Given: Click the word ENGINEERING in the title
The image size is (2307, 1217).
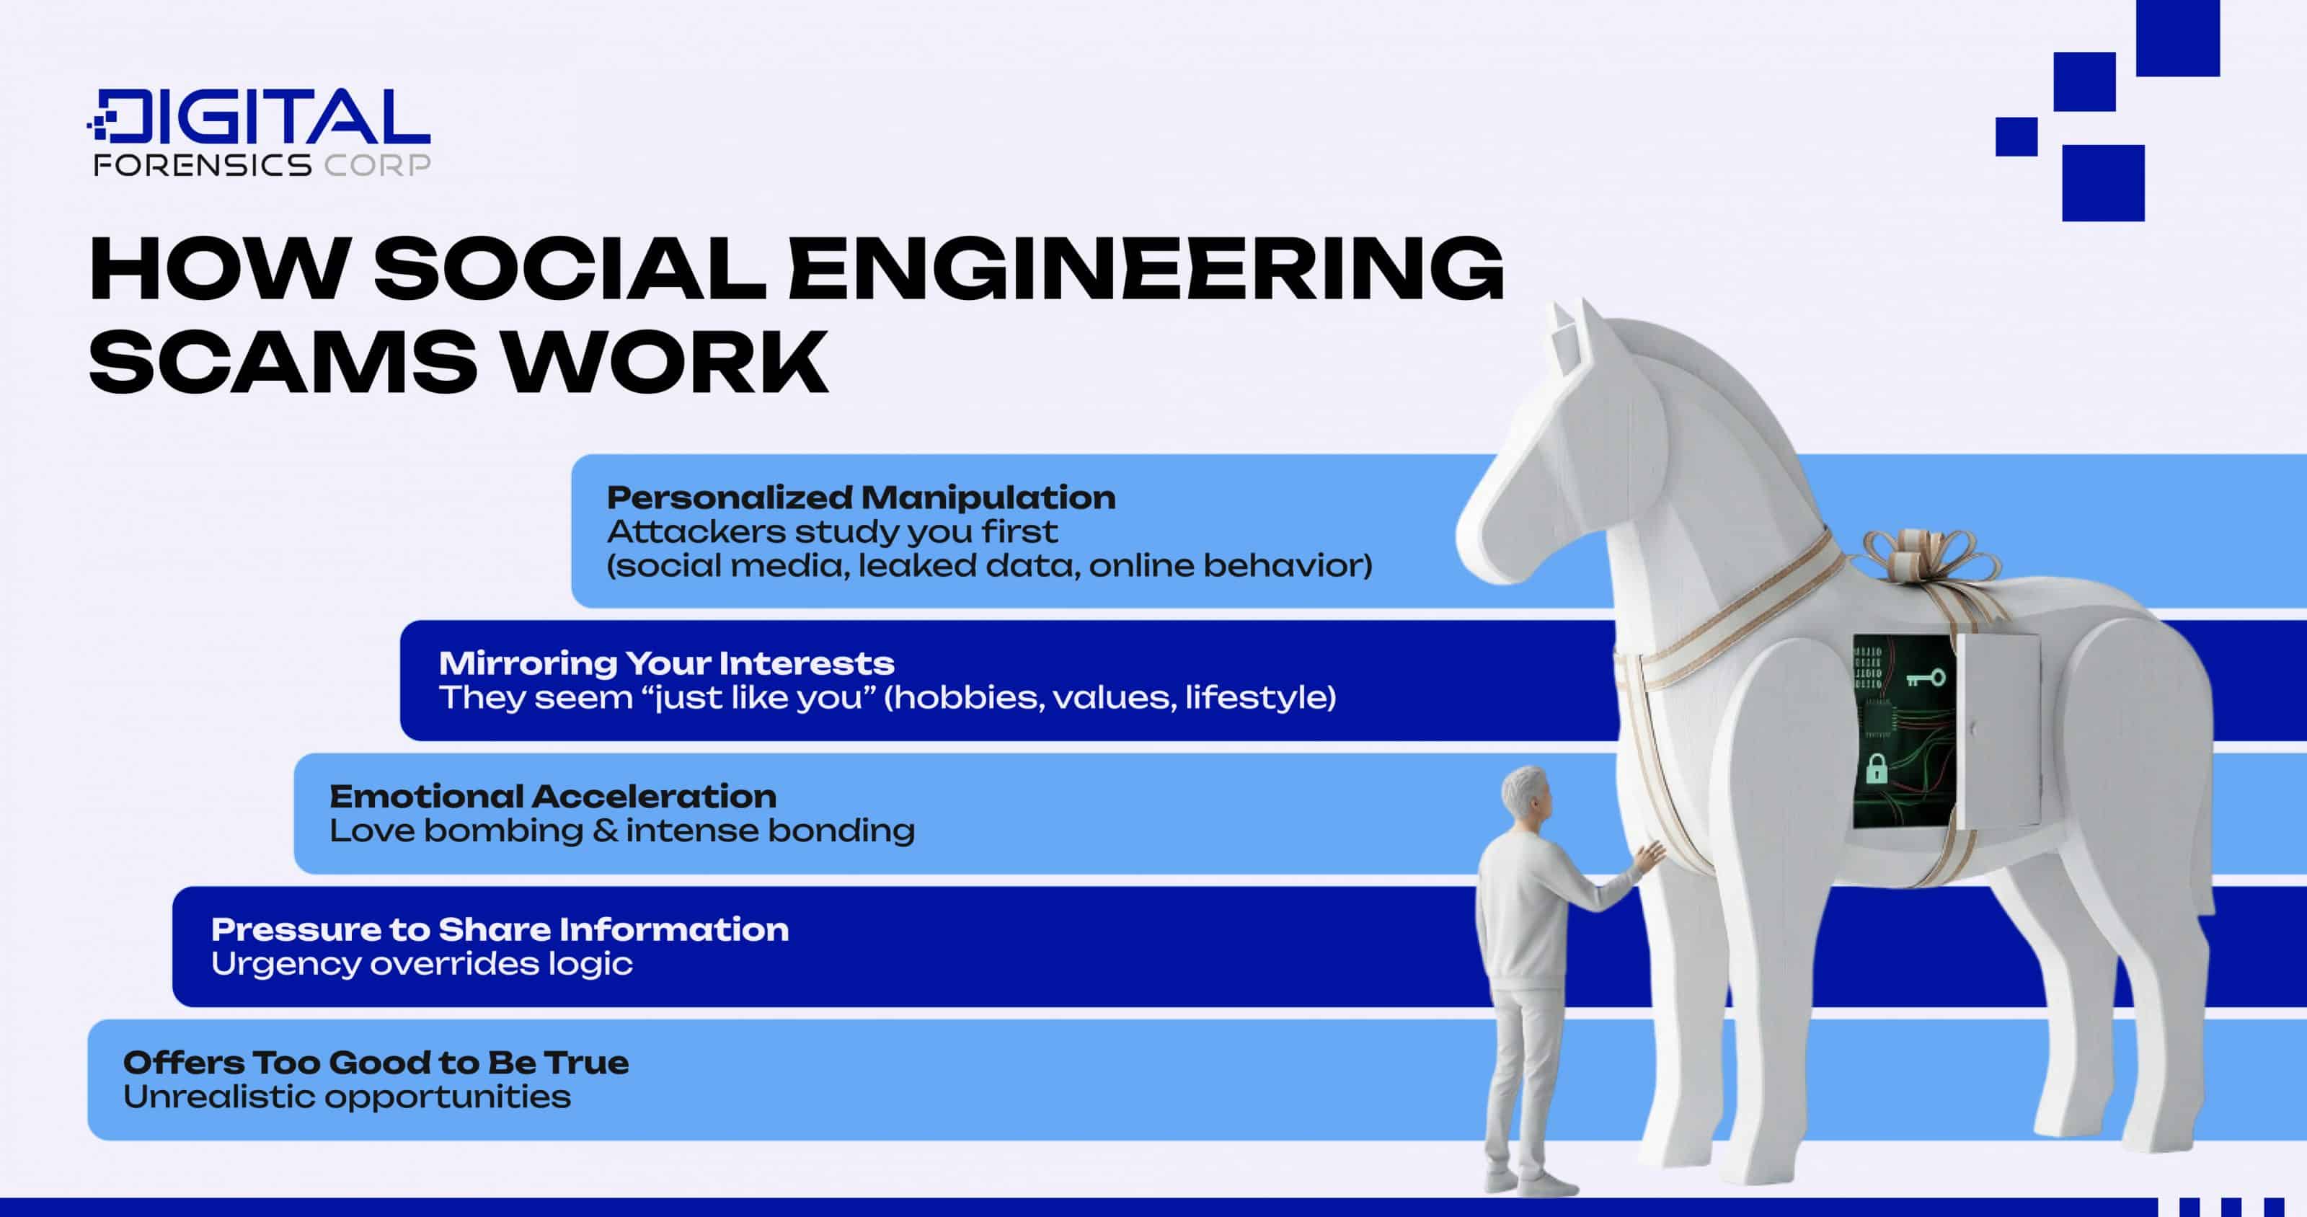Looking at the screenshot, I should tap(1146, 269).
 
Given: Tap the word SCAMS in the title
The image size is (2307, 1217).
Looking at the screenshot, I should tap(282, 363).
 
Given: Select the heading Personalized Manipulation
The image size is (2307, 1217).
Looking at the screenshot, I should tap(861, 498).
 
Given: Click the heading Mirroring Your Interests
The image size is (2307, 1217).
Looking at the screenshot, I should tap(666, 663).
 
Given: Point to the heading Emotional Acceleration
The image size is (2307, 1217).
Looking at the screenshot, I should tap(552, 796).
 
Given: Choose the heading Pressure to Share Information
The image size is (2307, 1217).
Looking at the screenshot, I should tap(500, 929).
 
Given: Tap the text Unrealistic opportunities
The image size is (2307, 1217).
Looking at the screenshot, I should tap(347, 1097).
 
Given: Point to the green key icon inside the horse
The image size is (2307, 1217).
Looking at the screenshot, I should tap(1925, 678).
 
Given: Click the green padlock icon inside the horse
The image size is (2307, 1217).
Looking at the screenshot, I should tap(1876, 769).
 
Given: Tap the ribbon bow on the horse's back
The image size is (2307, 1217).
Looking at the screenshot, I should tap(1930, 555).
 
